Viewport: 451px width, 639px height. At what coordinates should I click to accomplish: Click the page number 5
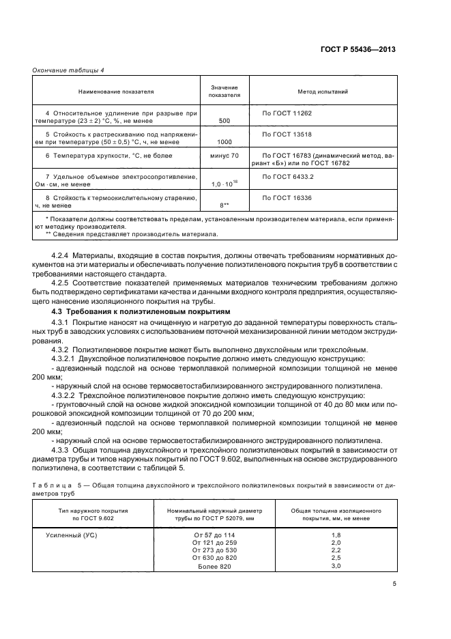point(394,583)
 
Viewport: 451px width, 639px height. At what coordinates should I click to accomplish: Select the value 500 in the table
point(224,120)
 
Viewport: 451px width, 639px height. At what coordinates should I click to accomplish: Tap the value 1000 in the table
point(224,142)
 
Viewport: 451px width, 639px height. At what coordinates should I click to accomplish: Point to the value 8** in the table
point(224,205)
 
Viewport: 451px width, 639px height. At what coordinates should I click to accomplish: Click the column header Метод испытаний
point(323,91)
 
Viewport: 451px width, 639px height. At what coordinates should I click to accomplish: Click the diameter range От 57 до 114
point(215,535)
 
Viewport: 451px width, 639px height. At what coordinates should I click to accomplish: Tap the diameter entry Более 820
point(215,566)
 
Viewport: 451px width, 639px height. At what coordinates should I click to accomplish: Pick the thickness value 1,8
point(336,535)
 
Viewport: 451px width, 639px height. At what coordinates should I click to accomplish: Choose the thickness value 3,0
point(336,566)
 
